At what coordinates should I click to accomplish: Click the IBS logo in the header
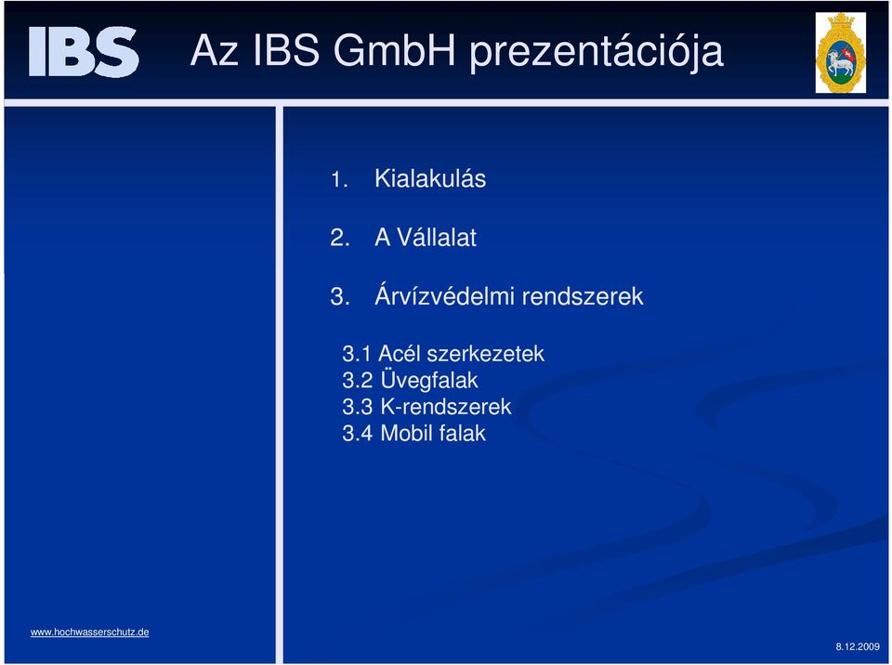(x=84, y=51)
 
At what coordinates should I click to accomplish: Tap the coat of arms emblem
(x=840, y=52)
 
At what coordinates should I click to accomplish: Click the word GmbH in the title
(x=394, y=50)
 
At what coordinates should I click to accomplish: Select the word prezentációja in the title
(x=597, y=53)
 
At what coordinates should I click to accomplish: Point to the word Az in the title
(x=214, y=50)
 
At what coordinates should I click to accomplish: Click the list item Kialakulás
(x=430, y=178)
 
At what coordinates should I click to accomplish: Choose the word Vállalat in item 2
(x=437, y=237)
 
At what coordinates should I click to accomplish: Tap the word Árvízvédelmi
(x=444, y=295)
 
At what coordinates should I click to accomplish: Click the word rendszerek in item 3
(x=583, y=296)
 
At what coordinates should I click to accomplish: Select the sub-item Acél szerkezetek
(x=461, y=354)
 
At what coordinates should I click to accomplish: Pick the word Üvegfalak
(x=429, y=380)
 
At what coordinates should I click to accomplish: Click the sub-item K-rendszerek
(x=445, y=407)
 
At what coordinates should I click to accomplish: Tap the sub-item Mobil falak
(x=433, y=434)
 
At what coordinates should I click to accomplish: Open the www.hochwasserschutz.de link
(x=90, y=632)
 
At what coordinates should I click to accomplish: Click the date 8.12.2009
(x=858, y=646)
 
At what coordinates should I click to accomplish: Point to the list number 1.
(x=339, y=180)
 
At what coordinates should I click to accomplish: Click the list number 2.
(x=340, y=238)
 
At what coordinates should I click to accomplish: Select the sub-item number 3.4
(x=357, y=434)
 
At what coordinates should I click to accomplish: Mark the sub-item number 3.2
(x=357, y=381)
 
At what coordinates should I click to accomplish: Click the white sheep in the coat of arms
(x=838, y=62)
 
